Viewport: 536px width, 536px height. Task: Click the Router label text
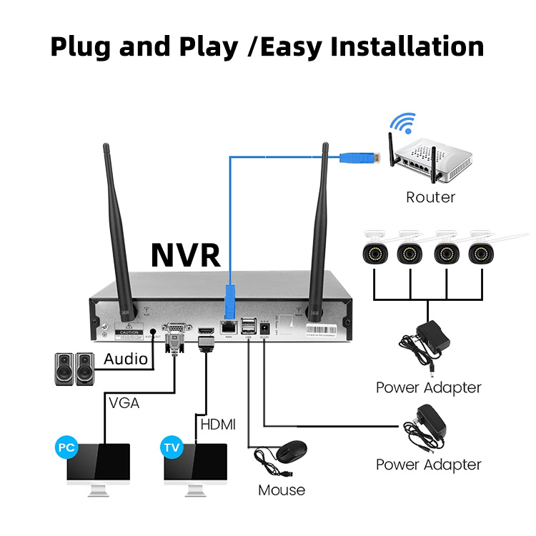click(x=430, y=197)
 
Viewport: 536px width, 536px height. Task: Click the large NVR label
click(x=186, y=254)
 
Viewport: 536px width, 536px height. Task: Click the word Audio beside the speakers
click(x=126, y=359)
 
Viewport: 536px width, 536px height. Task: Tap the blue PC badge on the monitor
click(x=67, y=448)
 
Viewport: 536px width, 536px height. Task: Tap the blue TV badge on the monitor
click(x=172, y=448)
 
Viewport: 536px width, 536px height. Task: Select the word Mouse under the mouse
click(x=282, y=490)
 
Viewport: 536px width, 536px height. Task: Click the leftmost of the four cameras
click(x=374, y=249)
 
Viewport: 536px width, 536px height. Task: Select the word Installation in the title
click(x=406, y=47)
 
